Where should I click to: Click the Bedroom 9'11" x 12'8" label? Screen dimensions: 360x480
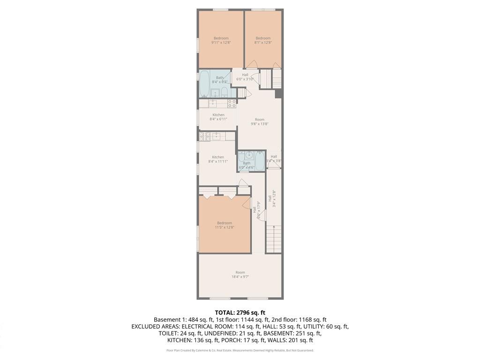221,40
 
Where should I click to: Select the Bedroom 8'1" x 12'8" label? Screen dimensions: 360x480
263,40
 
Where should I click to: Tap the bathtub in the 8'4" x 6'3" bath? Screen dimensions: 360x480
205,84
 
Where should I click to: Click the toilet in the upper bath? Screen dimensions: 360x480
225,91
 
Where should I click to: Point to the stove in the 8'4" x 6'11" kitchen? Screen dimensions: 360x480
232,104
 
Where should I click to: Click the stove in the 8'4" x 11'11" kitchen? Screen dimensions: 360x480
203,136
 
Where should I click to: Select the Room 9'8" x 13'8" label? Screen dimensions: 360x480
260,121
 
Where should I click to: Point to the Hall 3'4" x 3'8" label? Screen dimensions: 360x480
274,158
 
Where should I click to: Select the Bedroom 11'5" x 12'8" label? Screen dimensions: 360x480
224,225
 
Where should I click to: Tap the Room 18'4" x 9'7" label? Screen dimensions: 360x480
240,275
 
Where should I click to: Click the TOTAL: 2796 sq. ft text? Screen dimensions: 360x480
240,312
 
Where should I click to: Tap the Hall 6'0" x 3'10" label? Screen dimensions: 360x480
245,77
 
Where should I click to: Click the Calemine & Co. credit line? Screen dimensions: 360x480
240,351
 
